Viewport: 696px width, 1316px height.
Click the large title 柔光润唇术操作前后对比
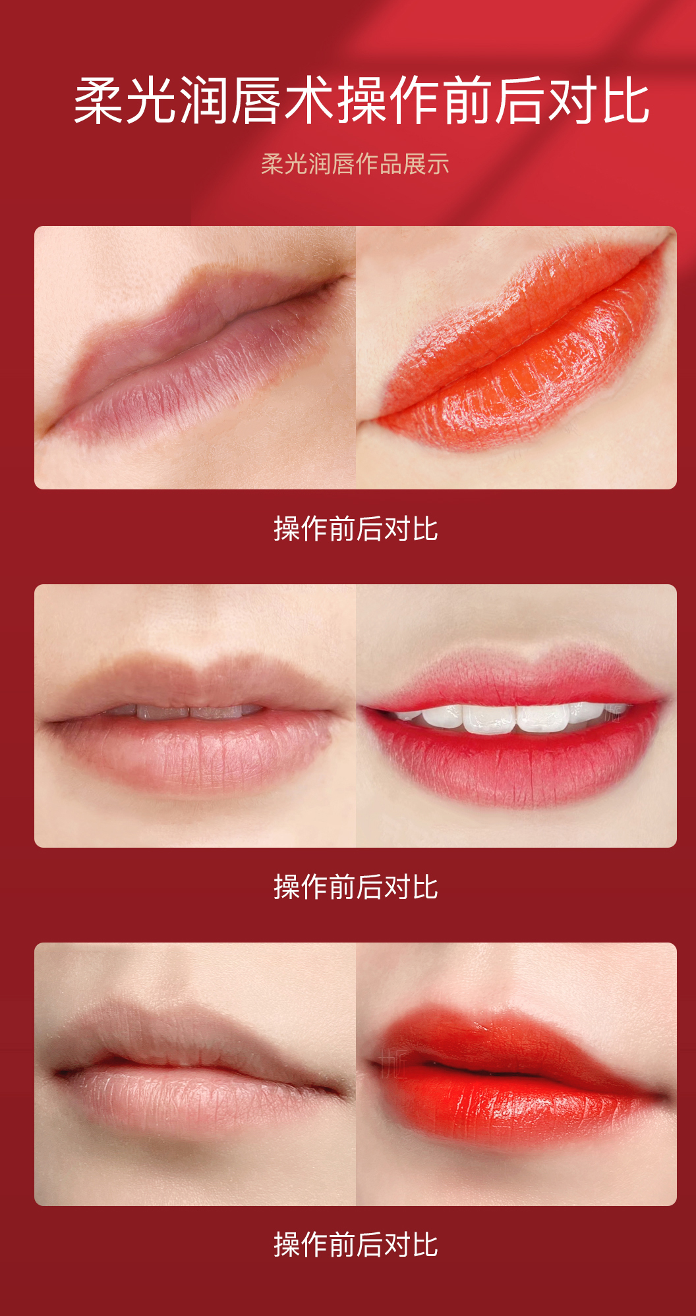[362, 101]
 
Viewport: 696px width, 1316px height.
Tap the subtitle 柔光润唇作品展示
[355, 164]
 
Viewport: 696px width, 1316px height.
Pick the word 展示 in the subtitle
[426, 164]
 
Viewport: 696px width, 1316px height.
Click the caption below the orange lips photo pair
[356, 529]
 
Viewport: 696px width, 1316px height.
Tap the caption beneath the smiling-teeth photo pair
[356, 887]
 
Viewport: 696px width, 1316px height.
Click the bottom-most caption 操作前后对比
[356, 1245]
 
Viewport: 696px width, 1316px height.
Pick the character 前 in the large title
[468, 101]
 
